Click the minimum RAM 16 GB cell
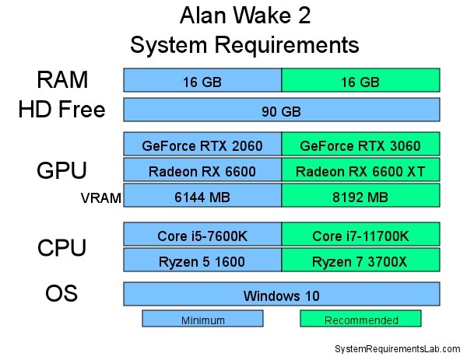coord(202,80)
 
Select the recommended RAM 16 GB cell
coord(360,80)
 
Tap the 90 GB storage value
coord(282,112)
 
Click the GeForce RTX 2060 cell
coord(202,144)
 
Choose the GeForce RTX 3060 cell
coord(360,144)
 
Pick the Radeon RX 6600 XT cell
coord(360,170)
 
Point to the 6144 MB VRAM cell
coord(202,195)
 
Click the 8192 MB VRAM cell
coord(360,195)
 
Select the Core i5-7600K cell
coord(202,234)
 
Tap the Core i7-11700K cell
coord(360,234)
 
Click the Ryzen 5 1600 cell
coord(202,260)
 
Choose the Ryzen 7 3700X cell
coord(360,260)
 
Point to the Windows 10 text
coord(282,296)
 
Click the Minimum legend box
coord(202,318)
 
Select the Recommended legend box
coord(360,318)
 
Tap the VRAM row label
coord(101,197)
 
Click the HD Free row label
coord(62,109)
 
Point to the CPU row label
coord(61,247)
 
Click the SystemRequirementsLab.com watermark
coord(398,348)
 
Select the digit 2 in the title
coord(304,16)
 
